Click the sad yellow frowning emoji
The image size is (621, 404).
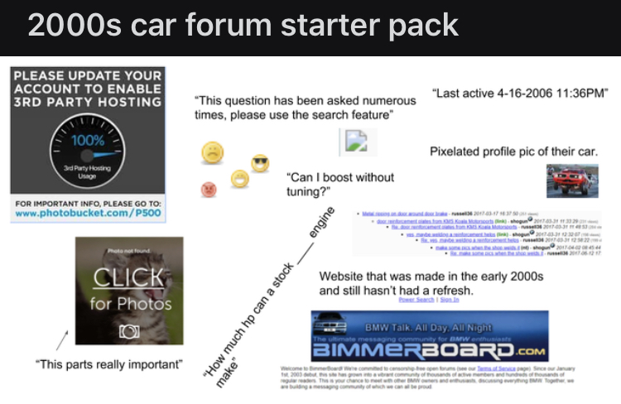pos(213,152)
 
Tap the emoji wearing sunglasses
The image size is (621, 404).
pos(260,164)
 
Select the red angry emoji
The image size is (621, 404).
pos(209,190)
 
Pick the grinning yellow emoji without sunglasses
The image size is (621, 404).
pos(240,178)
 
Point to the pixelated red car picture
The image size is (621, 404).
pos(573,180)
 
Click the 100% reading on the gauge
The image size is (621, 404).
pos(88,141)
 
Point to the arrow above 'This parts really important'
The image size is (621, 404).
pos(62,339)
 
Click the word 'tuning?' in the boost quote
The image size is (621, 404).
pos(308,193)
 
